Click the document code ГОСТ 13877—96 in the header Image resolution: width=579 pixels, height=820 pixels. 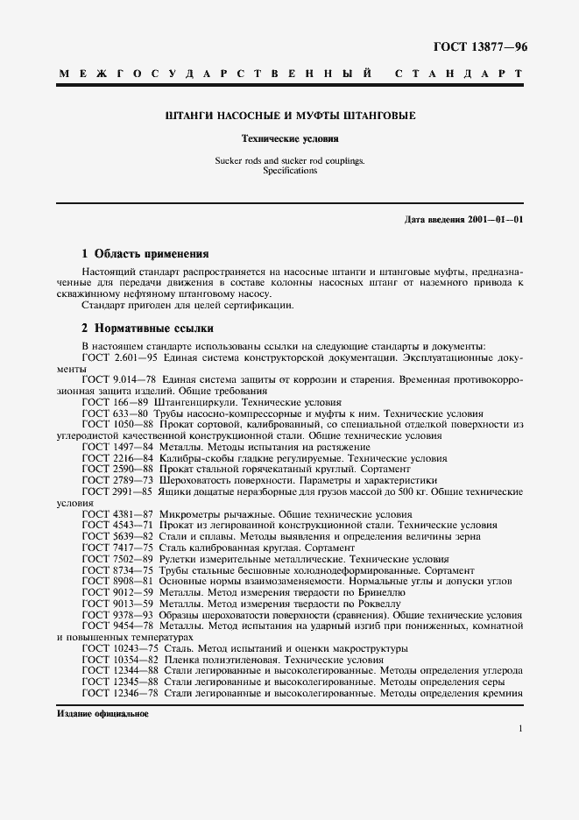479,45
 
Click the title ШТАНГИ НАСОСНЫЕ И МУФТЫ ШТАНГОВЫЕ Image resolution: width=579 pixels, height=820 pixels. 290,116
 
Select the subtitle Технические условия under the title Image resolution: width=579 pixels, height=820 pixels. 290,138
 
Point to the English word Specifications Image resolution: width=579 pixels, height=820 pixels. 290,171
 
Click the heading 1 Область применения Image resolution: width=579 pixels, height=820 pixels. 145,254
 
